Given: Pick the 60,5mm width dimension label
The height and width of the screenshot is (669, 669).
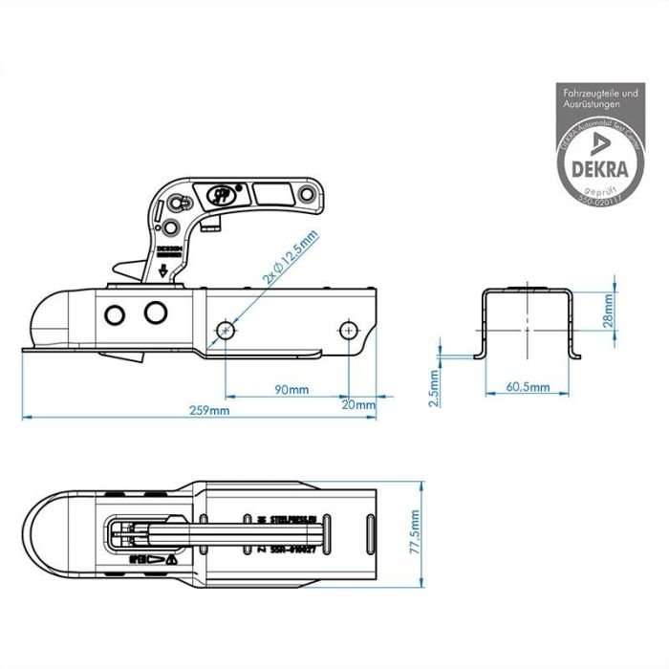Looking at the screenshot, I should (x=529, y=387).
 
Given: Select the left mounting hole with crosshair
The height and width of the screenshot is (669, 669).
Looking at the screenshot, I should (x=226, y=330).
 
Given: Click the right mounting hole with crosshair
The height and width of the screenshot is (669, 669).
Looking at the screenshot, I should (x=348, y=330).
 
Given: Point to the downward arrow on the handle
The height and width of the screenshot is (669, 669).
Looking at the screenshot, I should (x=162, y=270).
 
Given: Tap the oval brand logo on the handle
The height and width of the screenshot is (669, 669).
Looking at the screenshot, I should (x=219, y=194).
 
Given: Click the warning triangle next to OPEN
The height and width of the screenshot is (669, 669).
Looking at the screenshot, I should (x=169, y=559).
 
